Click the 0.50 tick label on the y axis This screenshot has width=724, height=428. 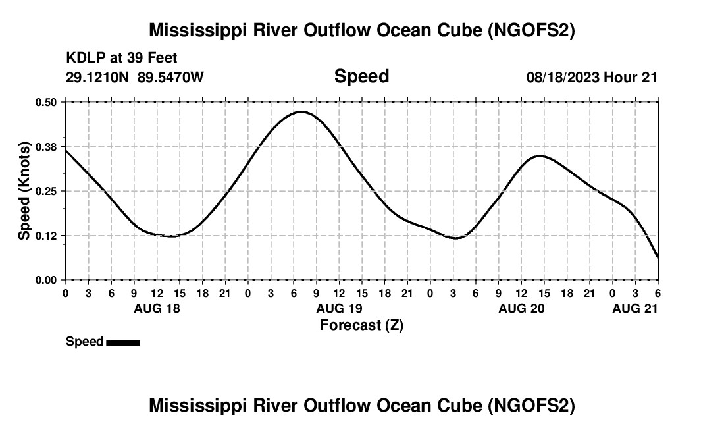coord(47,102)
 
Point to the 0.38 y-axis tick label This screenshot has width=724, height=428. coord(47,146)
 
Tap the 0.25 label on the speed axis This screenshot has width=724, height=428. coord(47,191)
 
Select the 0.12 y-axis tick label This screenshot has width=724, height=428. coord(47,236)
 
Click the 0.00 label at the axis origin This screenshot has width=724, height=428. coord(47,281)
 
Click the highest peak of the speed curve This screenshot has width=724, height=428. coord(301,112)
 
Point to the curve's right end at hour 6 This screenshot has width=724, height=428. coord(658,257)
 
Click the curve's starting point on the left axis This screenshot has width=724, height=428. coord(66,151)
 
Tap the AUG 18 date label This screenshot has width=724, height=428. coord(157,308)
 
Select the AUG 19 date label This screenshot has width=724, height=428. coord(339,308)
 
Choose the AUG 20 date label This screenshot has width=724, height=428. coord(521,308)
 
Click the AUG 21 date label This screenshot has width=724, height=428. coord(635,308)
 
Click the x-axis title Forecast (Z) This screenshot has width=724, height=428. coord(361,325)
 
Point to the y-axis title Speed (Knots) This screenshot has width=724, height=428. coord(24,191)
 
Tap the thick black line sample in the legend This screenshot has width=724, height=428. coord(123,342)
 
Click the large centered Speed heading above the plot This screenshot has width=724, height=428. coord(361,76)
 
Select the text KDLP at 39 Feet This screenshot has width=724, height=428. coord(122,59)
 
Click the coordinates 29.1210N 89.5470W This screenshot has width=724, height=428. coord(135,78)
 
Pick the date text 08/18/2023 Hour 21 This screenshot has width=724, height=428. coord(592,78)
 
